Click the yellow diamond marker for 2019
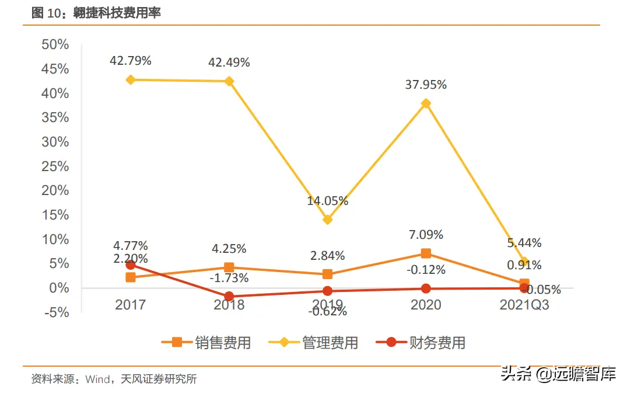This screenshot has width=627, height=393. pos(328,220)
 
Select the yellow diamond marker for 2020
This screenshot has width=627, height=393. pos(426,103)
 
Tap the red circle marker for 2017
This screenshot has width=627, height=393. pos(131,265)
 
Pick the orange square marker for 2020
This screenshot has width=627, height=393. pos(426,253)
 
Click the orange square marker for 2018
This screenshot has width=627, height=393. pos(229,267)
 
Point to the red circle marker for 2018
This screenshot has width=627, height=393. pos(229,297)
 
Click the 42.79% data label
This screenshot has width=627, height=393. pos(131,60)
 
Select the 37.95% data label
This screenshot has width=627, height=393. pos(426,85)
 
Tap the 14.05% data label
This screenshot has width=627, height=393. pos(328,201)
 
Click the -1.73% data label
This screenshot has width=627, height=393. pos(229,278)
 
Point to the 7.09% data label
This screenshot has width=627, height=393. pos(426,235)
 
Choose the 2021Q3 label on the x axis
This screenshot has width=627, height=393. pos(524,305)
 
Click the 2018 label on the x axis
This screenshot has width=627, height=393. pos(229,305)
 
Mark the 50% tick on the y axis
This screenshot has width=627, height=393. pos(55,45)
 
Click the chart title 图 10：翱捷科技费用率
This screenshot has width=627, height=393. pos(96,13)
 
